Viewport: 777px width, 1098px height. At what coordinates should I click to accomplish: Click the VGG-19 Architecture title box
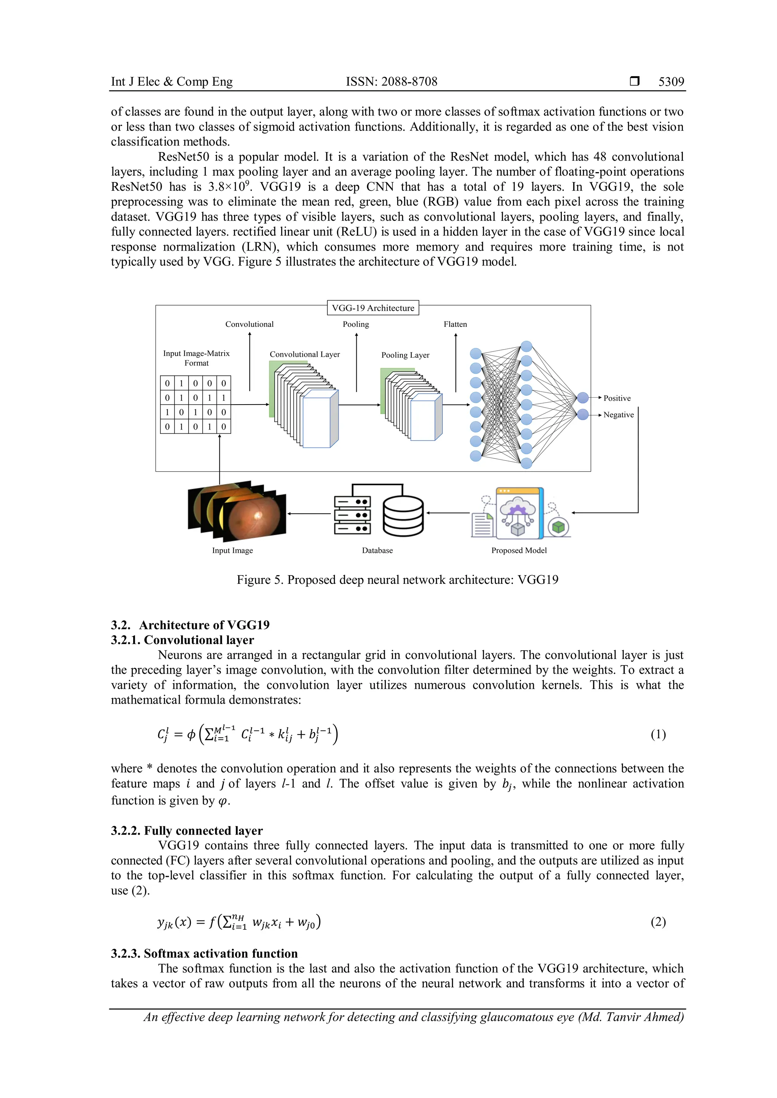373,308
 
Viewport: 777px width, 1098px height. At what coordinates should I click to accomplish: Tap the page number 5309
671,82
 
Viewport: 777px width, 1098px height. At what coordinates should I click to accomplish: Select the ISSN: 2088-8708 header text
392,82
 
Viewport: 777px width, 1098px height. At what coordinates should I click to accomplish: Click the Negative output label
618,415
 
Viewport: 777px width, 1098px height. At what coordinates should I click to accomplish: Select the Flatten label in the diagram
455,324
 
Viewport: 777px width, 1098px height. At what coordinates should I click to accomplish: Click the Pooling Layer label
405,355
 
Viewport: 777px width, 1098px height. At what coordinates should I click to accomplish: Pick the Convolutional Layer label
305,354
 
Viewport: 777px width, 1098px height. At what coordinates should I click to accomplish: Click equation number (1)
658,734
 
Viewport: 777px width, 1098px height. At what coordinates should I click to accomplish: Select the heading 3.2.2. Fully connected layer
187,830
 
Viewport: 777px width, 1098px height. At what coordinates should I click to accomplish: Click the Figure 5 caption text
397,580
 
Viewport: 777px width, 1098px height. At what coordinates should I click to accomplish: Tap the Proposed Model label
519,551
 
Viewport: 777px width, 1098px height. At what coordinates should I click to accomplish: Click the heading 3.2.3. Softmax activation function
204,953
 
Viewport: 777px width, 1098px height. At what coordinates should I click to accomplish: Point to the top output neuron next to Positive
582,397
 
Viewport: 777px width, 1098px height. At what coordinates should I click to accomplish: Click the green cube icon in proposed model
558,527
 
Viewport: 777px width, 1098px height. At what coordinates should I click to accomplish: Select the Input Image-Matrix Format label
196,358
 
